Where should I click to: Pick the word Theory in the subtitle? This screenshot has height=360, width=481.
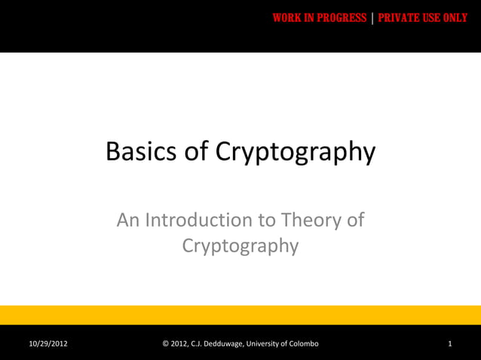(x=311, y=221)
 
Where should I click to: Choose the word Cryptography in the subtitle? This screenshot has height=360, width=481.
(x=240, y=247)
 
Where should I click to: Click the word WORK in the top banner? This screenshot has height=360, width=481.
(x=288, y=18)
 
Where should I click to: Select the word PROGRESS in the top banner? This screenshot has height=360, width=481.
(x=342, y=18)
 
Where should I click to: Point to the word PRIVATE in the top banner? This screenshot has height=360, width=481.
(x=401, y=18)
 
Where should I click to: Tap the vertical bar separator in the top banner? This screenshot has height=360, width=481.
(x=372, y=18)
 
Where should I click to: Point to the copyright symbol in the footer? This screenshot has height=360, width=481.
(x=167, y=344)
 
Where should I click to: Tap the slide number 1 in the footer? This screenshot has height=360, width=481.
(x=449, y=344)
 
